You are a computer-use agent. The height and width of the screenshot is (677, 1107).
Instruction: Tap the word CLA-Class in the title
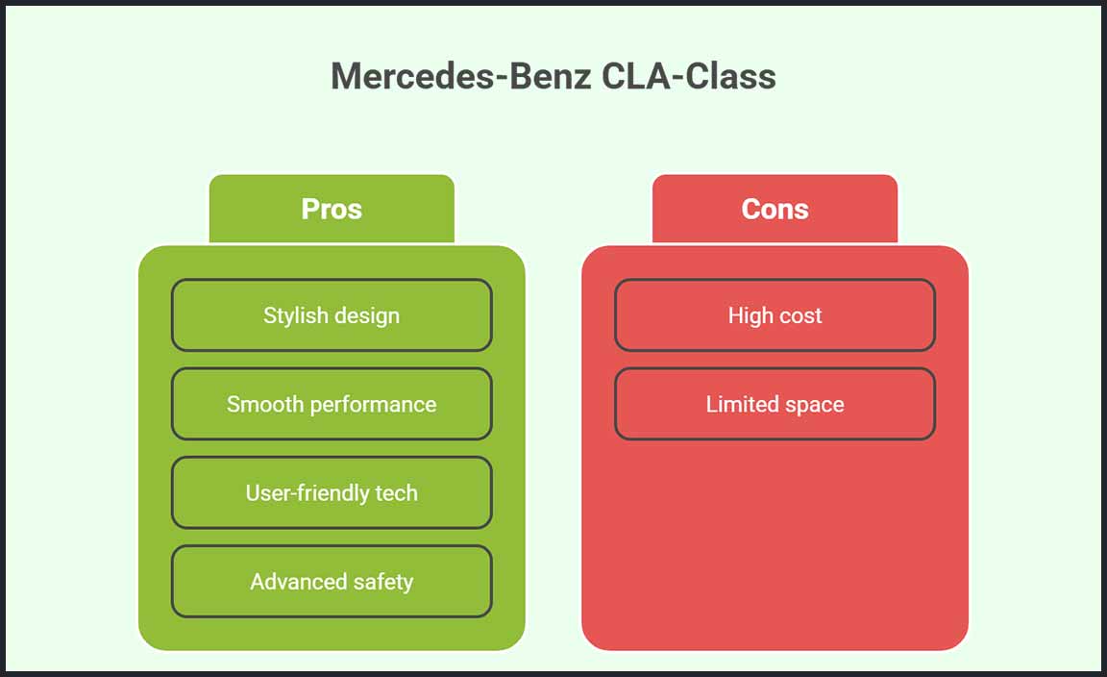pyautogui.click(x=689, y=76)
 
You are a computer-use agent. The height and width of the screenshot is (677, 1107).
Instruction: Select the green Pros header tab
pyautogui.click(x=332, y=209)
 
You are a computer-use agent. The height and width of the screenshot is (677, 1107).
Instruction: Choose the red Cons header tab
pyautogui.click(x=775, y=209)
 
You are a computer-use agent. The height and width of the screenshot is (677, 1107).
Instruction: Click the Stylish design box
pyautogui.click(x=332, y=315)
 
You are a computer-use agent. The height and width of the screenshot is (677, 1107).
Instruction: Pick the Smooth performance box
pyautogui.click(x=332, y=404)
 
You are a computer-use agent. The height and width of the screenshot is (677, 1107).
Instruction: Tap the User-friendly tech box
pyautogui.click(x=332, y=493)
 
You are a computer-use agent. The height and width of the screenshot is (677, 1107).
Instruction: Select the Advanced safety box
pyautogui.click(x=332, y=582)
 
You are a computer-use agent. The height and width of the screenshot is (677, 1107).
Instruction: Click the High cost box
pyautogui.click(x=775, y=315)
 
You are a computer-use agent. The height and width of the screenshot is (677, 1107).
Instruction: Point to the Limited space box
pyautogui.click(x=775, y=404)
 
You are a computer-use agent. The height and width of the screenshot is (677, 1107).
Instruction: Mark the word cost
pyautogui.click(x=799, y=315)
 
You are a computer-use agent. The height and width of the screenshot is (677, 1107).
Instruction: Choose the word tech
pyautogui.click(x=396, y=493)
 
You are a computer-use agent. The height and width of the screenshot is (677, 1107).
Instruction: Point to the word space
pyautogui.click(x=814, y=405)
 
